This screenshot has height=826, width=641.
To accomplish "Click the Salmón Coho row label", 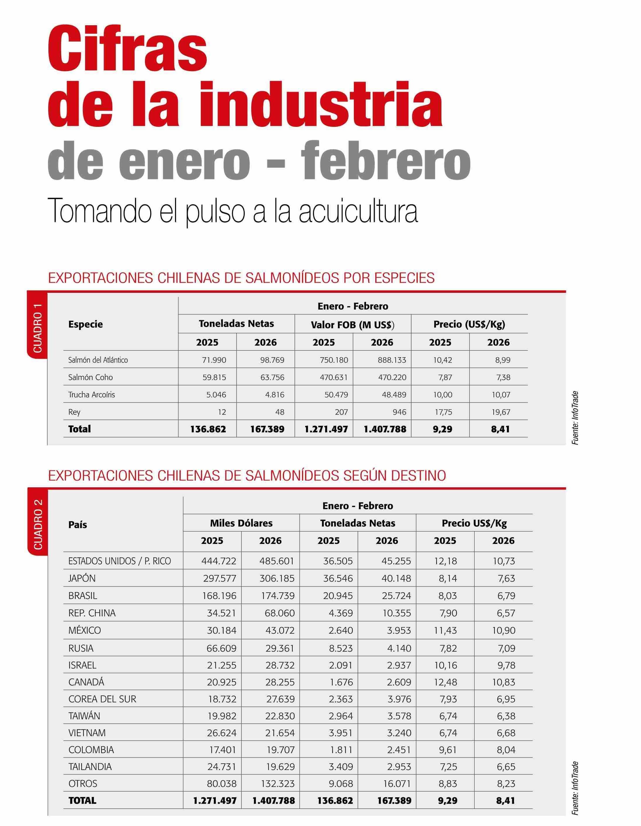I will point(90,377).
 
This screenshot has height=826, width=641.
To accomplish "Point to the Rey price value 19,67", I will point(501,412).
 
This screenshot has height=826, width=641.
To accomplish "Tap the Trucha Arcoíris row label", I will point(91,394).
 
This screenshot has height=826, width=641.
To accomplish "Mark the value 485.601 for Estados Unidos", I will point(277,561).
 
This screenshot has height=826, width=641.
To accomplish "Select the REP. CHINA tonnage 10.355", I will point(396,613).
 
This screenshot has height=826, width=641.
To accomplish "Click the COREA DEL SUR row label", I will point(102,699).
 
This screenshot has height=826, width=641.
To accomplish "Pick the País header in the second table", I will point(77,524).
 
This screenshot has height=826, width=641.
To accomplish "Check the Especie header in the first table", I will point(85,324).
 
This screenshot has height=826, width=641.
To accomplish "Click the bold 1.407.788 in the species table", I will point(385,429).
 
